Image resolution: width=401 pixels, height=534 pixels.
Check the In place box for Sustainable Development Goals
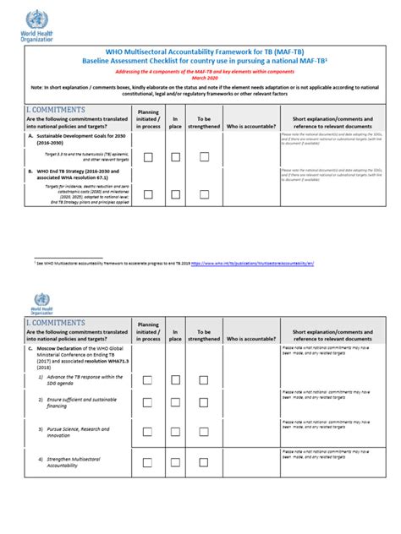[175, 157]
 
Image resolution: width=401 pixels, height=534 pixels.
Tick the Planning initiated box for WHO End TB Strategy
[148, 194]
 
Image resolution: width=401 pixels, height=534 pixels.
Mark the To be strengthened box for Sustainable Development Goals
[204, 157]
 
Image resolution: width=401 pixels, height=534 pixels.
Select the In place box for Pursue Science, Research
[175, 428]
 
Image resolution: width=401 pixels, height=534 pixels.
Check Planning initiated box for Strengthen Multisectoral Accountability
[148, 462]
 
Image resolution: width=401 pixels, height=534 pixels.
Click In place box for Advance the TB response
[175, 379]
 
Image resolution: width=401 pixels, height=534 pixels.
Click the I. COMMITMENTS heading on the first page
[56, 110]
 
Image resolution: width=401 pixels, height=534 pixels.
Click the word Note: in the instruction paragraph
[39, 87]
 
